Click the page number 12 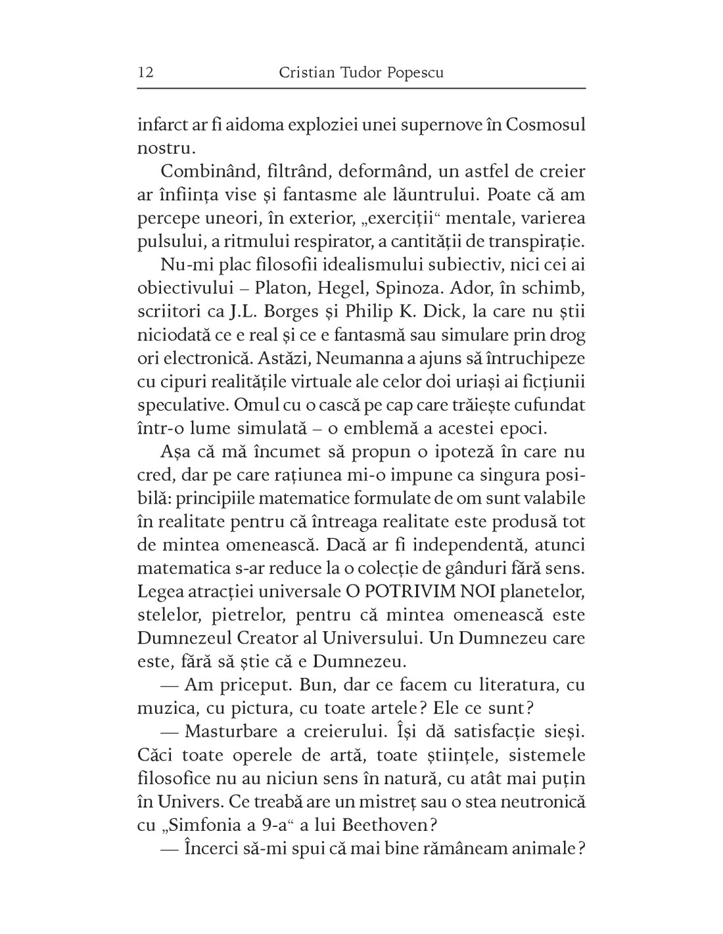tap(145, 72)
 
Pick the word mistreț tap(390, 802)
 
